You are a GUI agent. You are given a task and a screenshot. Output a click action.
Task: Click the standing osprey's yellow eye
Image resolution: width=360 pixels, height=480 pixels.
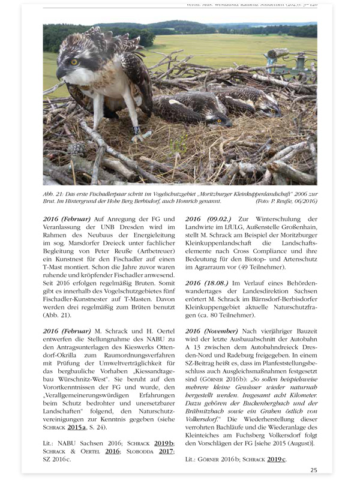tap(74, 62)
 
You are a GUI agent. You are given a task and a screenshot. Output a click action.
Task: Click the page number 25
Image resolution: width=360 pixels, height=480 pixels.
tap(314, 470)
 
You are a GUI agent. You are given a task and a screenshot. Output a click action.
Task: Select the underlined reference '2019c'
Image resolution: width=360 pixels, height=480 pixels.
tap(275, 459)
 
